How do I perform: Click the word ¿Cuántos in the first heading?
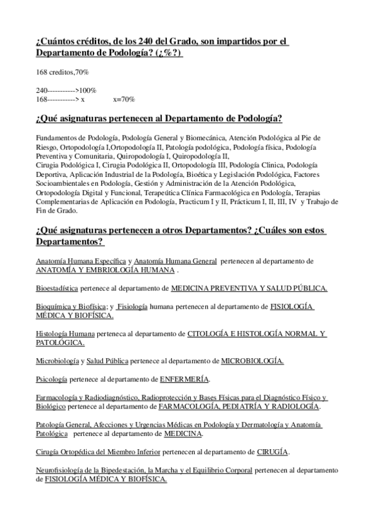[56, 41]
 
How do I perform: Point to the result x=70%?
[124, 99]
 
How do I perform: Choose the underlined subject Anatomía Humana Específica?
[81, 260]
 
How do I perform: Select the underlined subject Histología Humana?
[66, 333]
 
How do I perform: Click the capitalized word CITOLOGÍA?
[209, 333]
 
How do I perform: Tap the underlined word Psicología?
[53, 379]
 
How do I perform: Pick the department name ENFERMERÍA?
[185, 379]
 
